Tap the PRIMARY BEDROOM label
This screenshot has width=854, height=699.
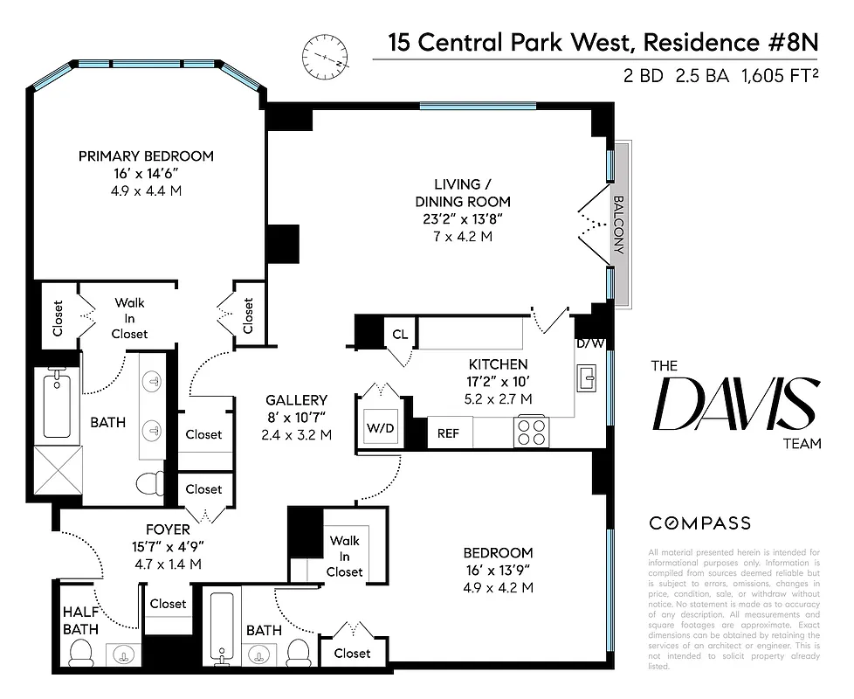(x=146, y=156)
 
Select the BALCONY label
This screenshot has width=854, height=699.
(x=618, y=224)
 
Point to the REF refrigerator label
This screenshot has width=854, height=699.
(x=448, y=433)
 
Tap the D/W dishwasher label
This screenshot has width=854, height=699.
(x=589, y=343)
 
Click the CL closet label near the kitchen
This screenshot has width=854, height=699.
(x=400, y=334)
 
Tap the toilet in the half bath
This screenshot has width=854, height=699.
(x=80, y=652)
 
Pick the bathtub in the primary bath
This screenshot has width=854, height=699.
(x=57, y=405)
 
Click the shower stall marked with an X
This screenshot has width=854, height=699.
(x=57, y=474)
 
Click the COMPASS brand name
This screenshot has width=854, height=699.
(x=699, y=523)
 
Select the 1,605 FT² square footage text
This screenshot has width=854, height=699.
(x=779, y=76)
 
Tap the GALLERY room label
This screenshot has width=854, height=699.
(x=296, y=400)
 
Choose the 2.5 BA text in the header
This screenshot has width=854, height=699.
(x=701, y=76)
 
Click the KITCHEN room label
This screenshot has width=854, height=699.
(x=498, y=364)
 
